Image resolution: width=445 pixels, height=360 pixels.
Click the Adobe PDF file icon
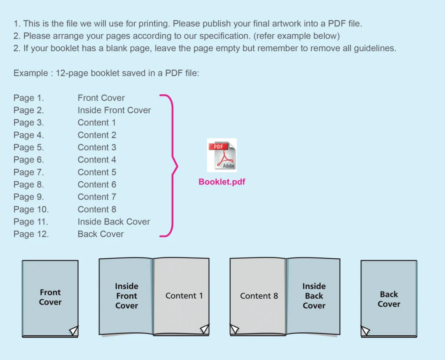222,155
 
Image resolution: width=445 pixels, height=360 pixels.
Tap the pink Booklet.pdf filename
222,182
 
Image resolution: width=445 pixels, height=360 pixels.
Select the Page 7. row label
29,172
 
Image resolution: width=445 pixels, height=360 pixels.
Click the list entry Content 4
97,160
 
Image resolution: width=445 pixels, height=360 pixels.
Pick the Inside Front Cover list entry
114,110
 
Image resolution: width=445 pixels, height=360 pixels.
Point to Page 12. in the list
31,234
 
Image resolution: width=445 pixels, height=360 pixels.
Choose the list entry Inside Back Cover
114,221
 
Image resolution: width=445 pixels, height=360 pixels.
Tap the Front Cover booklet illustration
50,298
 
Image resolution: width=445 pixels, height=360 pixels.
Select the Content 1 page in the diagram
181,296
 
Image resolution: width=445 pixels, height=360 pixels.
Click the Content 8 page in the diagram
258,296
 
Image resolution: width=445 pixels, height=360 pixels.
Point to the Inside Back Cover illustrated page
313,296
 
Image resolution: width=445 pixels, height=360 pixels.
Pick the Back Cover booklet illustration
389,298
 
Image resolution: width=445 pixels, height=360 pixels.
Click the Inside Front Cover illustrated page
126,296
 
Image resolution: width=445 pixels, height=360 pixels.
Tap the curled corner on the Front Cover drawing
74,330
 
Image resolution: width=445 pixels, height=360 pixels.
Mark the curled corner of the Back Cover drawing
365,330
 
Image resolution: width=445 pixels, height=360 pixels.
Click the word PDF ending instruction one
337,23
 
